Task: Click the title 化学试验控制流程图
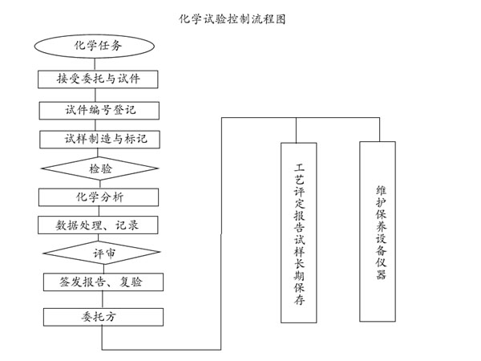click(x=232, y=19)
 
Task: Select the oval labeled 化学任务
click(x=94, y=46)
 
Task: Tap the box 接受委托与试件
click(x=98, y=79)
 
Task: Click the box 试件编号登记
click(x=99, y=111)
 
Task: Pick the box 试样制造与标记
click(x=99, y=140)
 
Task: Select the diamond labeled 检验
click(x=100, y=168)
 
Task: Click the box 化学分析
click(x=99, y=197)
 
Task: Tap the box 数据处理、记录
click(x=98, y=225)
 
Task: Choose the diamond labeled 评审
click(x=102, y=253)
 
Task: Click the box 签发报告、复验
click(x=103, y=282)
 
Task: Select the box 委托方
click(x=103, y=317)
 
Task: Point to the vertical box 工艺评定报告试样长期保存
click(x=299, y=233)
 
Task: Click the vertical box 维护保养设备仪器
click(x=378, y=232)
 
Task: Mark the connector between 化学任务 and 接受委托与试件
click(x=95, y=64)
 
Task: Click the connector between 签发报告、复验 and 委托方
click(x=103, y=299)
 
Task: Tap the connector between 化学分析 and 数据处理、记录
click(x=99, y=211)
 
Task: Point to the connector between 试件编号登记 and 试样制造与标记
click(x=95, y=125)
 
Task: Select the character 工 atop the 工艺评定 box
click(x=299, y=168)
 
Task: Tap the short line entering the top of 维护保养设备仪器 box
click(x=379, y=129)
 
